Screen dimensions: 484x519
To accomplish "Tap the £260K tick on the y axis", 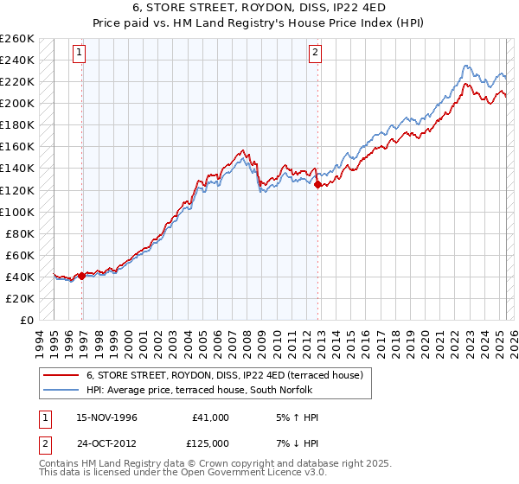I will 17,39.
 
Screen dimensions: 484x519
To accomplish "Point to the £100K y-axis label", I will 17,212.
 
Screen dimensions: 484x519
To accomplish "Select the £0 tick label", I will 26,320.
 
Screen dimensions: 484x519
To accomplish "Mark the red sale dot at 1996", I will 81,276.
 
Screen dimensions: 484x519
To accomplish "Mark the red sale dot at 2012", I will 318,184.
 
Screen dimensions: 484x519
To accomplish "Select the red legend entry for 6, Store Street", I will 229,375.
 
